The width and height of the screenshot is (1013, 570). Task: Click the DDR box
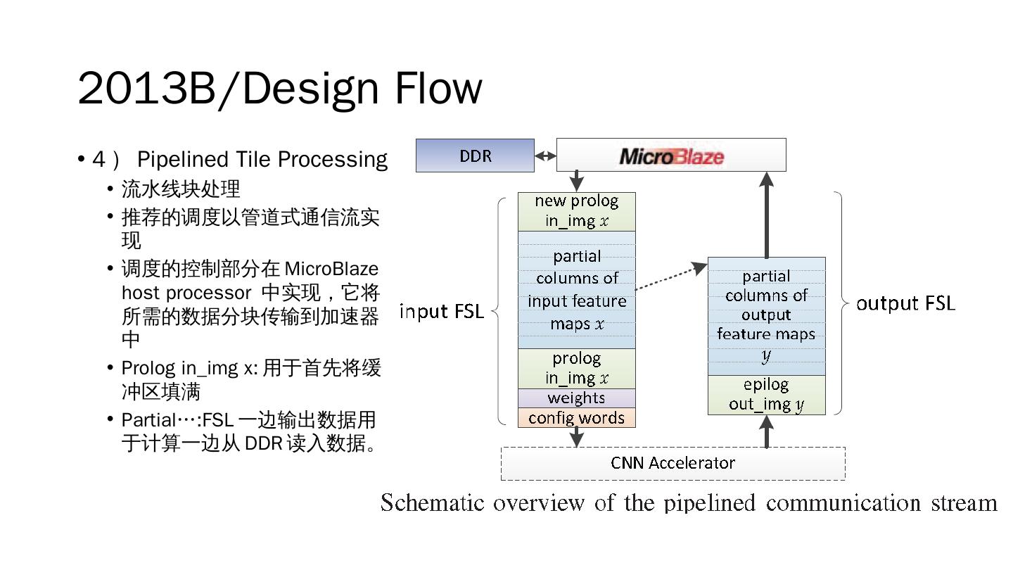point(475,156)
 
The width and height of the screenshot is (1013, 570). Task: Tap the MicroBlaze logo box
point(671,156)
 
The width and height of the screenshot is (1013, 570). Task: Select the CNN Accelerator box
point(673,463)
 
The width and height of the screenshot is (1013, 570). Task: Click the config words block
point(576,418)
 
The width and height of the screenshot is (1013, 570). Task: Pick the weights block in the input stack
point(576,398)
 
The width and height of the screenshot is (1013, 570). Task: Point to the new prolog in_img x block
point(576,211)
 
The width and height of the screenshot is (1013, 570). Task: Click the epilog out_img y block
point(766,395)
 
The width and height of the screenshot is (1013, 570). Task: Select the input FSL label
point(442,311)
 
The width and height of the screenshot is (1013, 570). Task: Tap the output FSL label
point(905,303)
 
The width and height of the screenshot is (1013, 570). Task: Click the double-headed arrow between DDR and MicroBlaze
point(545,156)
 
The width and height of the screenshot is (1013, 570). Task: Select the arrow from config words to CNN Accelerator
point(577,437)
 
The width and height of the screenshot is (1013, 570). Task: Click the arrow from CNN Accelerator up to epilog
point(767,431)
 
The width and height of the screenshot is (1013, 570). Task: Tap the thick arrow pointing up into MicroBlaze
point(767,215)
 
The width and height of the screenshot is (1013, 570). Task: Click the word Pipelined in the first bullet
point(177,160)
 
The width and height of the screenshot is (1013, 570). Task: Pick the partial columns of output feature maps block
point(766,316)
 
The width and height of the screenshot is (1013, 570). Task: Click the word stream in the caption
point(964,502)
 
